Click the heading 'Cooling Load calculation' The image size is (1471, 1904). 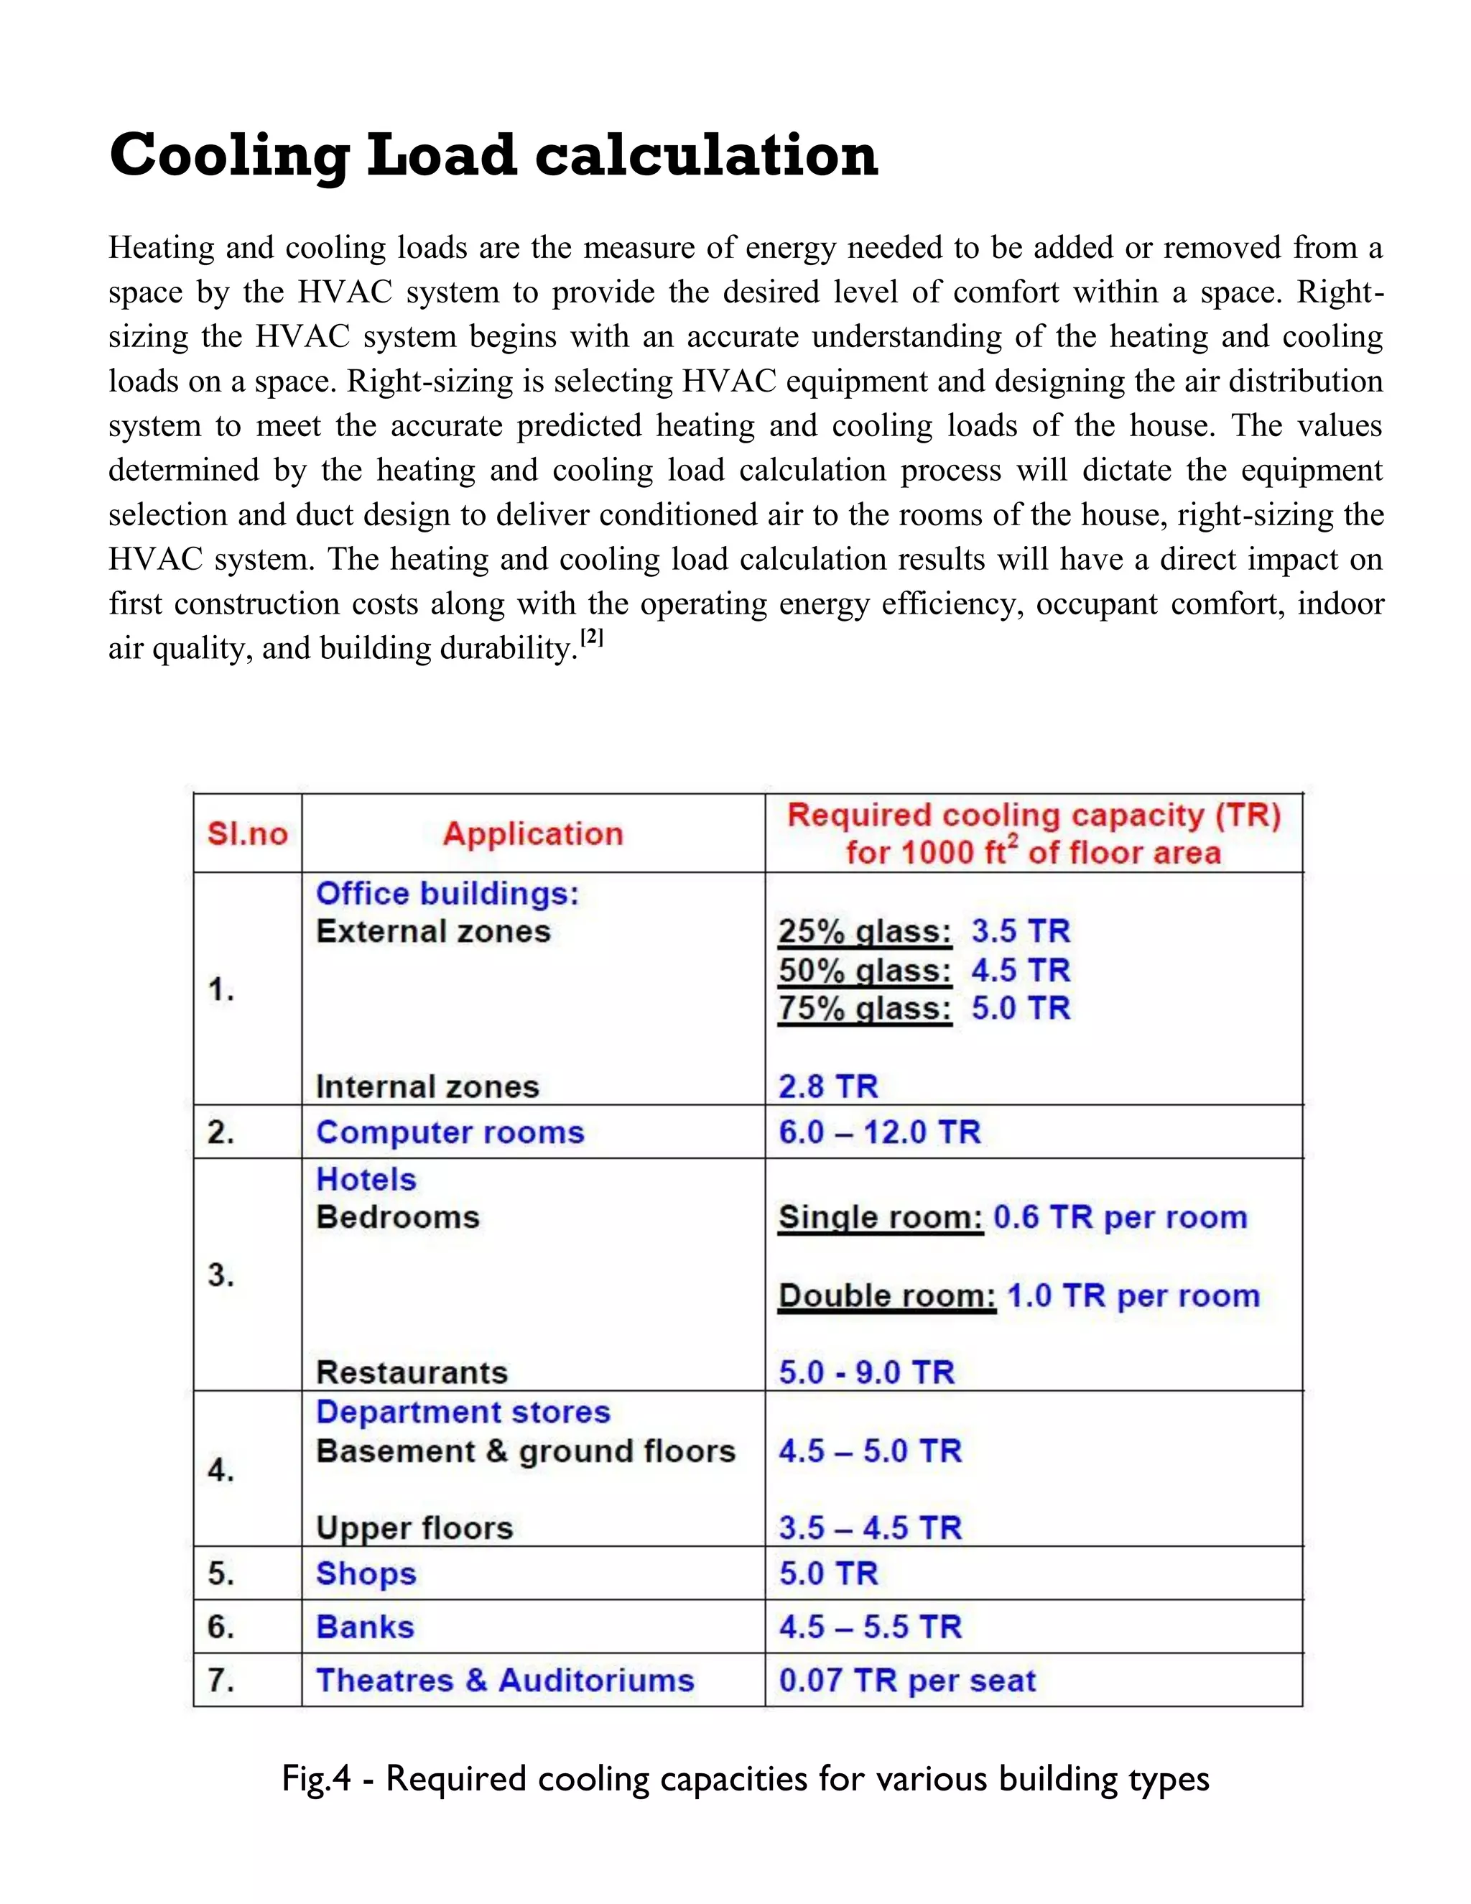click(x=493, y=155)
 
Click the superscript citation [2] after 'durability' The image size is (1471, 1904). click(x=592, y=638)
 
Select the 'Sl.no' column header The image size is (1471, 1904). click(x=248, y=834)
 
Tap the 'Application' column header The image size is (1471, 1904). click(x=532, y=834)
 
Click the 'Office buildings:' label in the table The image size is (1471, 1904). click(x=447, y=894)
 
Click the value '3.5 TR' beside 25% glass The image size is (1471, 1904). click(x=1020, y=932)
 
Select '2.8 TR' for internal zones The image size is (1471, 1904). click(x=828, y=1087)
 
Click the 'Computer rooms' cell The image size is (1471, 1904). click(x=450, y=1132)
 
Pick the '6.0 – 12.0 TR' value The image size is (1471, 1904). click(x=879, y=1132)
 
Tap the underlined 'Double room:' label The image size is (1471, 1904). click(x=886, y=1296)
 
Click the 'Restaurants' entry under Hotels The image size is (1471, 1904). click(x=412, y=1373)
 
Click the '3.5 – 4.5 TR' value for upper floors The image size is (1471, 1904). click(x=870, y=1528)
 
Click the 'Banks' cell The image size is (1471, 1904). click(x=365, y=1627)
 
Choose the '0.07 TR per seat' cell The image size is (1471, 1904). click(x=907, y=1681)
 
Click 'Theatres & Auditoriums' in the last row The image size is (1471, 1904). click(x=504, y=1681)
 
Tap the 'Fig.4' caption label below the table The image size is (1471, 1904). click(x=315, y=1778)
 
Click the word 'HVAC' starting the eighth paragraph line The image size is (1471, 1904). click(x=154, y=559)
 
